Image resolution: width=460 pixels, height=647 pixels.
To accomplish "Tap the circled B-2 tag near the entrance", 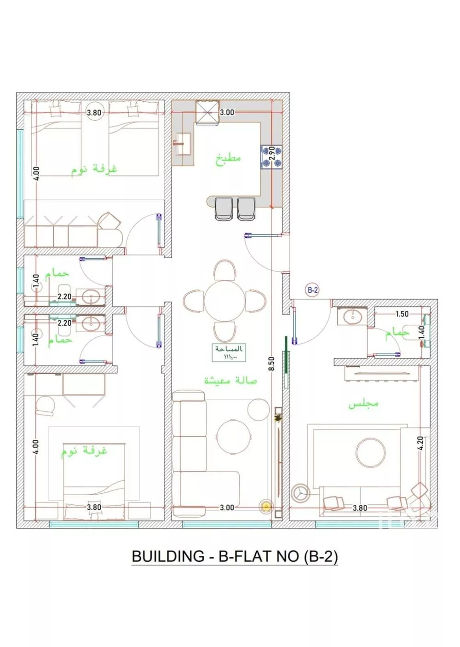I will click(313, 290).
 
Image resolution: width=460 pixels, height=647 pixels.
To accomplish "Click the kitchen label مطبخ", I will click(229, 159).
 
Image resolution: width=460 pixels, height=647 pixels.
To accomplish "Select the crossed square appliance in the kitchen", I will click(207, 113).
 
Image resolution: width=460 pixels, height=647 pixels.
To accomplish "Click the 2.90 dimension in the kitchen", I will click(271, 153).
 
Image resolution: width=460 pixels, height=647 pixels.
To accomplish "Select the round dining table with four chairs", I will click(224, 300).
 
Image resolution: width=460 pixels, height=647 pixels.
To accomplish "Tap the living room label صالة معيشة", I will click(230, 381).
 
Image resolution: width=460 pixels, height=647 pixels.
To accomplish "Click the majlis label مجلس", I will click(363, 404).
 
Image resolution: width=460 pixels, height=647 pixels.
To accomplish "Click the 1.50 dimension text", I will click(402, 314).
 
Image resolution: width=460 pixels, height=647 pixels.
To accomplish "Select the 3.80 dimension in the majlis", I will click(360, 508).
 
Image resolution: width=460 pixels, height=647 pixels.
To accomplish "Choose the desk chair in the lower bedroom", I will click(45, 405).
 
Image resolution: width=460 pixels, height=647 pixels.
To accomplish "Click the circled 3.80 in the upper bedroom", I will click(94, 112).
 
